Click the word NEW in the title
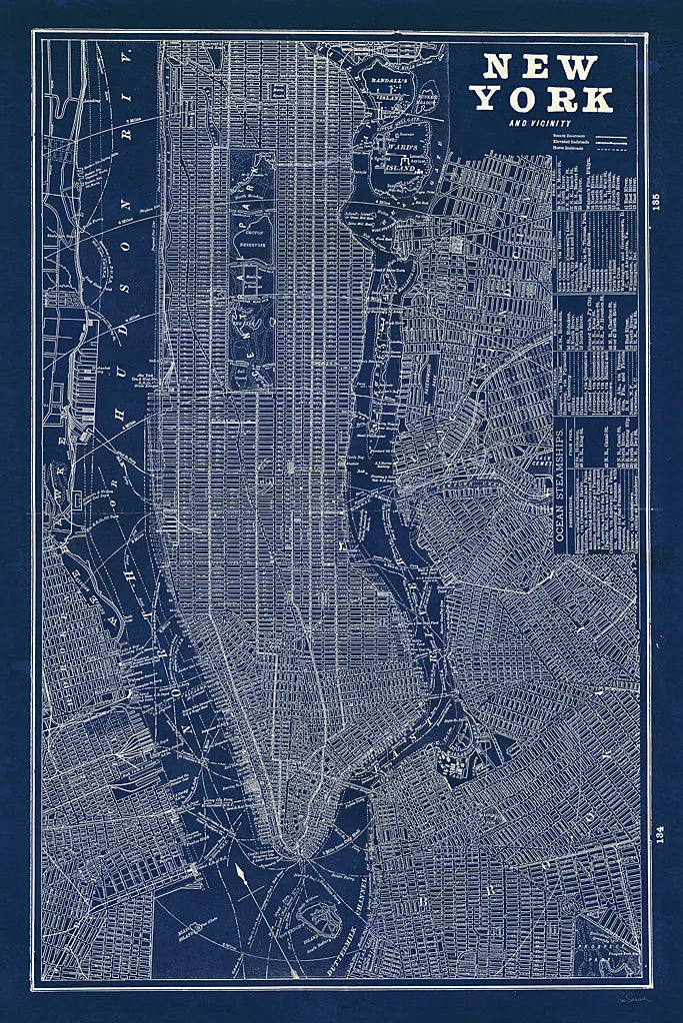(x=541, y=68)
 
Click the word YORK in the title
(x=543, y=99)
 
